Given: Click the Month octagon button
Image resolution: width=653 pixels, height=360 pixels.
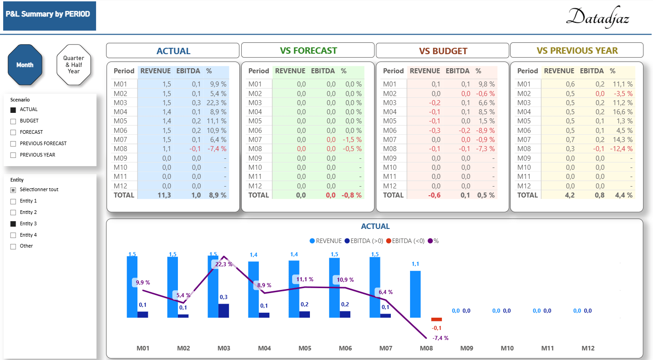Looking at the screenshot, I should click(25, 65).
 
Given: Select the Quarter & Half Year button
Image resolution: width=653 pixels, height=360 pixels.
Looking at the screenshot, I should click(74, 65).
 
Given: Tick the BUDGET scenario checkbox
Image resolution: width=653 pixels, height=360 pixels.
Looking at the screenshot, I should click(13, 121).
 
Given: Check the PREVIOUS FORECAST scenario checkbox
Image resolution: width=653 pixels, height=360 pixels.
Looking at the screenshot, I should click(13, 144).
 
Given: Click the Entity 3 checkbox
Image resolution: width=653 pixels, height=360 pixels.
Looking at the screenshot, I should click(13, 224).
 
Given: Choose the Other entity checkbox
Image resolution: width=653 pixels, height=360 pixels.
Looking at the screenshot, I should click(13, 246).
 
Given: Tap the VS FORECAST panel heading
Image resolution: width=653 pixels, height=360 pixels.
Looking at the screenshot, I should click(308, 51).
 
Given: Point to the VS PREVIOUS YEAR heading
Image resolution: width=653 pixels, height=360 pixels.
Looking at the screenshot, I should click(577, 51).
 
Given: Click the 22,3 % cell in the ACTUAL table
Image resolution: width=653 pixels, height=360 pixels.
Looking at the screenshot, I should click(218, 103).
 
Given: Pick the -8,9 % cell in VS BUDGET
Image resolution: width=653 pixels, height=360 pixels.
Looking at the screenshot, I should click(485, 130).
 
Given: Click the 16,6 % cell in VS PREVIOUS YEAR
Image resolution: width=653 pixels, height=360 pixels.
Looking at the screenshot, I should click(623, 112).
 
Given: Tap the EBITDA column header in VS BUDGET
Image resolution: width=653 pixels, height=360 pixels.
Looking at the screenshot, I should click(458, 71).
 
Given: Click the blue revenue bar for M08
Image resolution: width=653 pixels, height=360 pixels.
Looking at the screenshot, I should click(415, 294).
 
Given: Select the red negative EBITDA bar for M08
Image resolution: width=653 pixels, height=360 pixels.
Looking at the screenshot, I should click(436, 319).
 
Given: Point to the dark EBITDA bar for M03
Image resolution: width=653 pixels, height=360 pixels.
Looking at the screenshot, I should click(223, 310).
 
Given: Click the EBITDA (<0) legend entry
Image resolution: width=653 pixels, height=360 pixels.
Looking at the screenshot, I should click(405, 241).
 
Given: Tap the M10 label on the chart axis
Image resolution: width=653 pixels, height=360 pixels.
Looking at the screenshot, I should click(507, 348).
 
